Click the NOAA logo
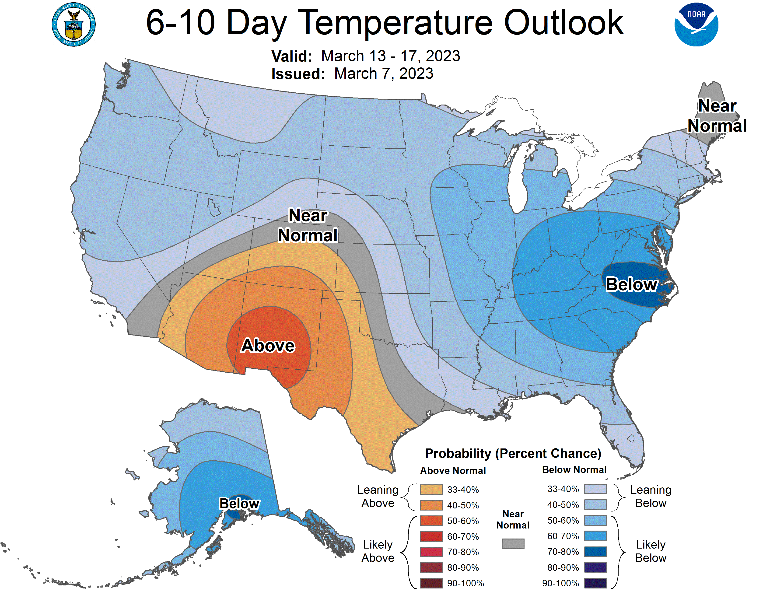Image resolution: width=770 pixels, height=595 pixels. coord(696,25)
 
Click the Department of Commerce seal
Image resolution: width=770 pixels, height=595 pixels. coord(74,25)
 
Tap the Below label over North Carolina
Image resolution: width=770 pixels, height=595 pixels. coord(631,284)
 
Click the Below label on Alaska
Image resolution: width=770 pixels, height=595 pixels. coord(239,503)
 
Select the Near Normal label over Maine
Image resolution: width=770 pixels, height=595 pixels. coord(717,115)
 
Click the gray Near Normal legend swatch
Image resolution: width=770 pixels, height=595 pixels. coord(513,543)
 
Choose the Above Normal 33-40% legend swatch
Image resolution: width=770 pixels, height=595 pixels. coord(431,489)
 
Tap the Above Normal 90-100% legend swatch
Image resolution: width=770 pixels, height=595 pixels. coord(431,583)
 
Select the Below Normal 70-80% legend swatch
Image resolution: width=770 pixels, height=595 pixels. coord(595,552)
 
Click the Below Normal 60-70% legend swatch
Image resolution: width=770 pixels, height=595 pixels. coord(595,536)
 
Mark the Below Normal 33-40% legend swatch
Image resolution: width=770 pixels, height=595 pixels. coord(595,489)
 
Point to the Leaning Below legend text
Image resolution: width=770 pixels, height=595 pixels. coord(651,496)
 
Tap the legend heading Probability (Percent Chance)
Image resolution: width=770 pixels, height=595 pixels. coord(513,453)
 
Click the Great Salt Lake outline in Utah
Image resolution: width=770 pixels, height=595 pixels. coord(214,207)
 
